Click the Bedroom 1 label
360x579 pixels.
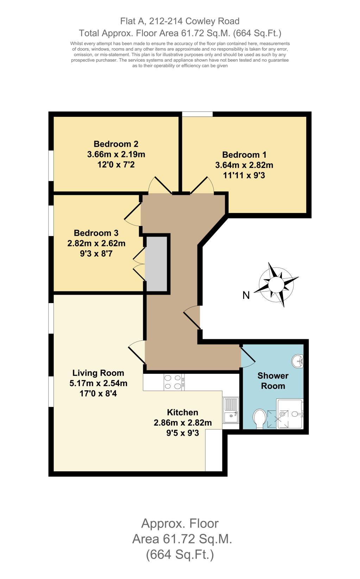click(244, 155)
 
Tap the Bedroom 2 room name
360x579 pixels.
click(116, 144)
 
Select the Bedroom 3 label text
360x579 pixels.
click(96, 233)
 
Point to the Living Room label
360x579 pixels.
click(98, 373)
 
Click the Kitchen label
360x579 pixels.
click(182, 413)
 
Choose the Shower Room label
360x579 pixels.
click(273, 381)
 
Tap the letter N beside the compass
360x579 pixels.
click(246, 295)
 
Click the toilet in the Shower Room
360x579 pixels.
click(260, 418)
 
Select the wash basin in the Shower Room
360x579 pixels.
click(298, 361)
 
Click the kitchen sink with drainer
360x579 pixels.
click(231, 410)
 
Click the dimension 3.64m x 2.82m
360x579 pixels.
click(244, 165)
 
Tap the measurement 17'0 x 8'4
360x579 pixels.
click(98, 394)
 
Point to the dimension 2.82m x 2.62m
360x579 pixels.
click(96, 243)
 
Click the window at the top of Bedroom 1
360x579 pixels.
click(197, 114)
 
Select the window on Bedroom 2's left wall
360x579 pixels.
click(51, 166)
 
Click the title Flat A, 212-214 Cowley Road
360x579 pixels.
click(180, 21)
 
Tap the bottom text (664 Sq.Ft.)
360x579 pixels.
click(180, 555)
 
